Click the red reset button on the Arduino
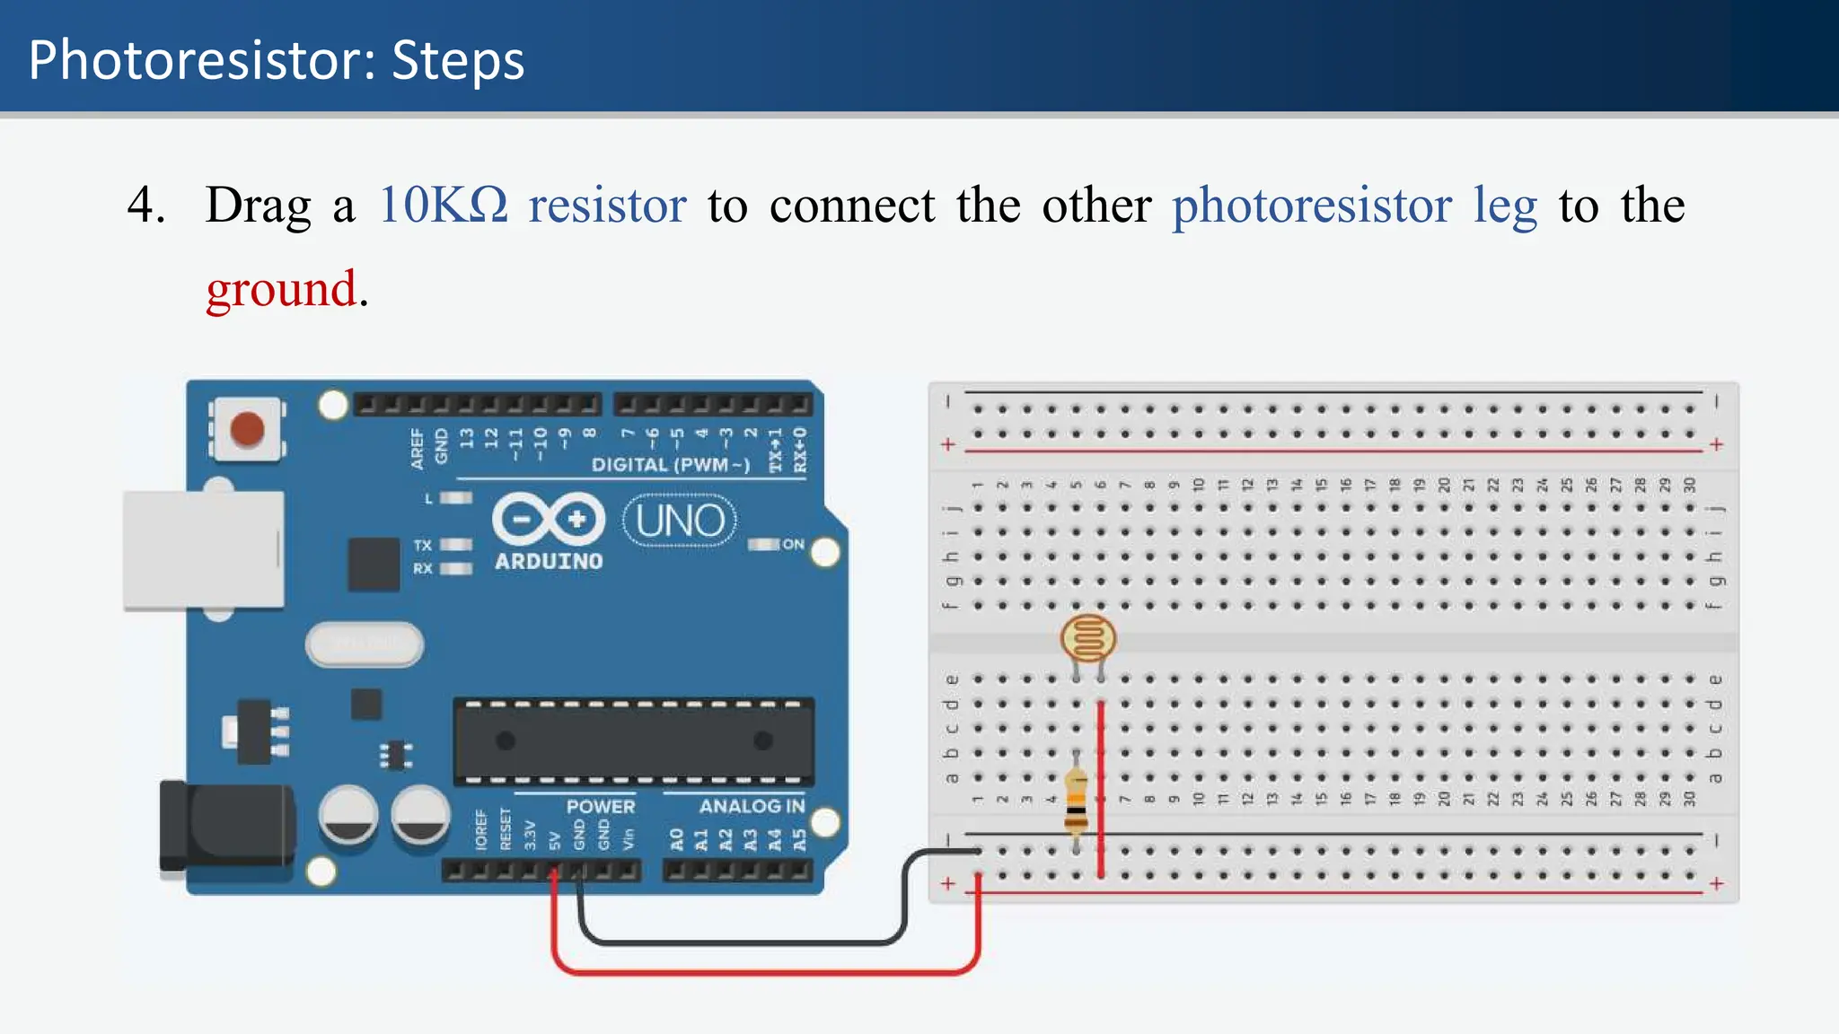[x=247, y=429]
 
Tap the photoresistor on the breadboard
[x=1087, y=638]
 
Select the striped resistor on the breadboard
[x=1076, y=802]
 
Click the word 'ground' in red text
[x=281, y=289]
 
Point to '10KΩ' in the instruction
[x=444, y=205]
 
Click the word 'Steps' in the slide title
[x=458, y=61]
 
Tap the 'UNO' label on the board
[x=680, y=521]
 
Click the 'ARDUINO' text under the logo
[x=549, y=562]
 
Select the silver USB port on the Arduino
[x=204, y=550]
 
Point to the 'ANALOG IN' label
[x=752, y=806]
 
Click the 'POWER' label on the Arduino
[x=600, y=806]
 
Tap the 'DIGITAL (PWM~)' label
[x=670, y=465]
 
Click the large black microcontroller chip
[x=634, y=741]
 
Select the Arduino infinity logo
[x=549, y=520]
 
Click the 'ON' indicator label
[x=793, y=544]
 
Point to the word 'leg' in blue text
[x=1505, y=206]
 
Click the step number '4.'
[x=145, y=205]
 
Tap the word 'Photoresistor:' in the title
[x=202, y=61]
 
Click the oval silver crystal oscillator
[x=365, y=644]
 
